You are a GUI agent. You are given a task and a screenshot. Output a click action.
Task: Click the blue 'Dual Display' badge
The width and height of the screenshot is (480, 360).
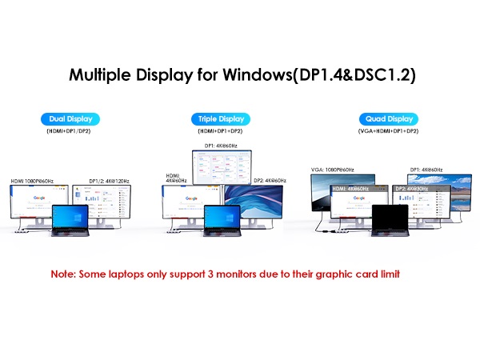[x=71, y=119]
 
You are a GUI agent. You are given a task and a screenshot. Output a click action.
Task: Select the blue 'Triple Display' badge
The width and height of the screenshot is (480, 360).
[x=220, y=119]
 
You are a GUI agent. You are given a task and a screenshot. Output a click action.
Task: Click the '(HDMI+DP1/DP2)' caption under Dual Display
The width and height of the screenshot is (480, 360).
[x=70, y=132]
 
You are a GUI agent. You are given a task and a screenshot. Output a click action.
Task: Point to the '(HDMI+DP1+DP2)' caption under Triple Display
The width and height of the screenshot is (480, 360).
[x=220, y=132]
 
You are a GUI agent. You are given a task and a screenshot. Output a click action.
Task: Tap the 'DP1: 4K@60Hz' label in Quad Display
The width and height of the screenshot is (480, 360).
[x=426, y=170]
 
